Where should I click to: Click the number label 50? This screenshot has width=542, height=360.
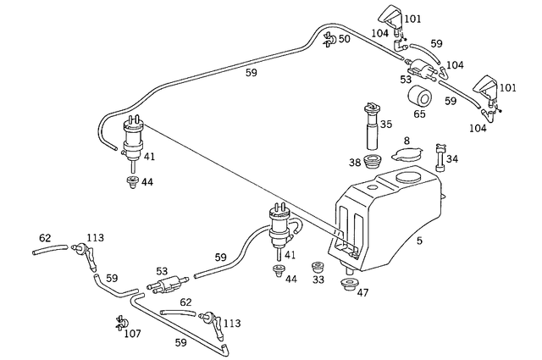344,40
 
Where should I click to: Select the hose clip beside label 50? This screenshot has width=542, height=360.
328,37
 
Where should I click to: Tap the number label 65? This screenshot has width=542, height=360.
420,113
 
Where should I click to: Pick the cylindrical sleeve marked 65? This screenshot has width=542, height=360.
419,96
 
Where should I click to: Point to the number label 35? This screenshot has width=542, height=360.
386,125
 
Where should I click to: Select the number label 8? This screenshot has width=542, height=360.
406,141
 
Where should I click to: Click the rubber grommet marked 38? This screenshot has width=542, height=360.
371,161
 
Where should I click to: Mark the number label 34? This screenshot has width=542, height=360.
451,159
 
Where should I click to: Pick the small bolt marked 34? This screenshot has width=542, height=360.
438,156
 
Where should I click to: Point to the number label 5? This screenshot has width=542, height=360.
418,241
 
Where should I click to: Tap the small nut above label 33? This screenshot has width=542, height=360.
318,265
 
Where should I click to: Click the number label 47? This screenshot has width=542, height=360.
362,293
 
